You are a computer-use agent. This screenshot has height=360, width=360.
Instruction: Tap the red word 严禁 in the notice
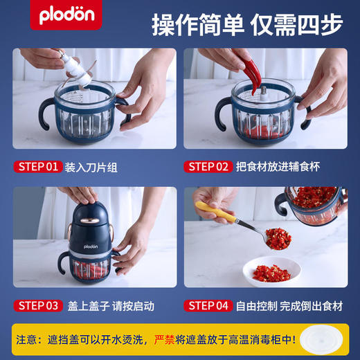pos(167,341)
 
